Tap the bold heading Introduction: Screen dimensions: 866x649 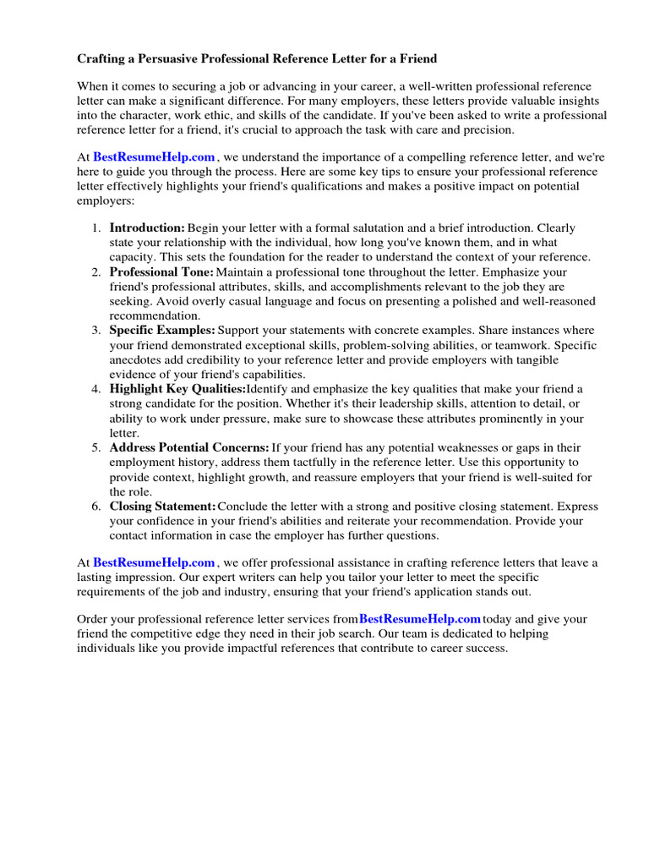147,228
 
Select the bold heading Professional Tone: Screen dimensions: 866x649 161,272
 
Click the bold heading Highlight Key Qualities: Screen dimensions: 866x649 177,389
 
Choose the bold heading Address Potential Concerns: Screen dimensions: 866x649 189,447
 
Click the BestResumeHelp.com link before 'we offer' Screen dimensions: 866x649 154,562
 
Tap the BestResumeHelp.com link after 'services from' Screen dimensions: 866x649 420,619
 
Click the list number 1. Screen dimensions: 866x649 96,228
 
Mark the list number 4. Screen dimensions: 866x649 96,389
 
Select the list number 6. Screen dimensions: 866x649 96,506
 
